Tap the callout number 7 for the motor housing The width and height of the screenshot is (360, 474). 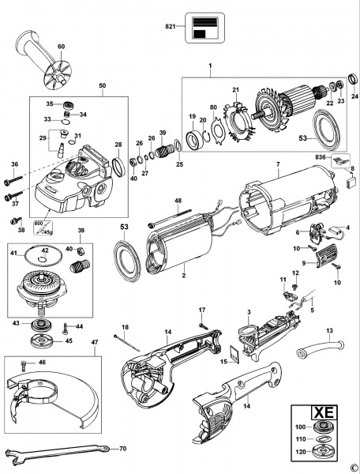[278, 166]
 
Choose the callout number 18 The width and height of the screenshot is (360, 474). [124, 327]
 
